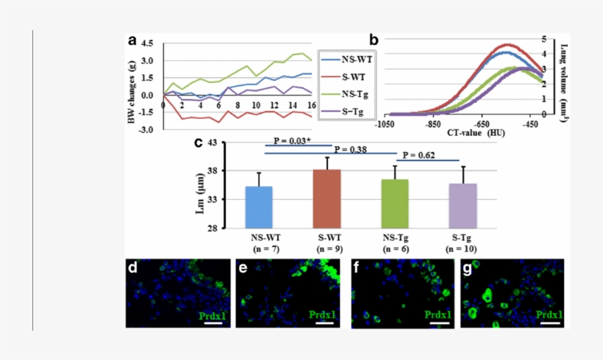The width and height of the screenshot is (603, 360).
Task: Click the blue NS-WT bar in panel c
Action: [259, 207]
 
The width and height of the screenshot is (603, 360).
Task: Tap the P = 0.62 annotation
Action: [418, 156]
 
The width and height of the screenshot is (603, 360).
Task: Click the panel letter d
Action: [133, 268]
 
